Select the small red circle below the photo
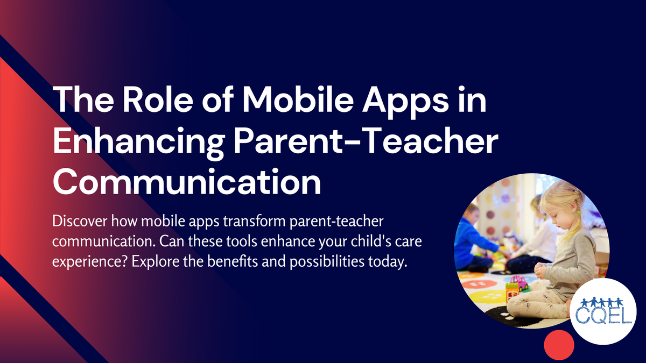pyautogui.click(x=559, y=344)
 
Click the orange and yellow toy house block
pyautogui.click(x=511, y=294)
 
